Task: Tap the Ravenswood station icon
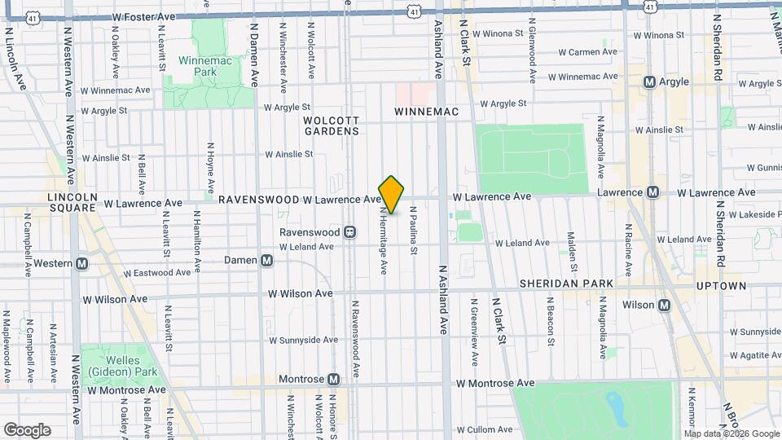(x=349, y=232)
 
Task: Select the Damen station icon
(x=267, y=261)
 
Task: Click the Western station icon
(x=81, y=263)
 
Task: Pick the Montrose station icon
(x=333, y=380)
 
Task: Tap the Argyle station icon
(x=649, y=81)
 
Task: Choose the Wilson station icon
(x=664, y=306)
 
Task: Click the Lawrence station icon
(x=652, y=192)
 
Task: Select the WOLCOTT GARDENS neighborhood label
(x=332, y=125)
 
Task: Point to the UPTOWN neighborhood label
(x=721, y=286)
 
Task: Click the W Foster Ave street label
(x=143, y=15)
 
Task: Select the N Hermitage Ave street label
(x=383, y=240)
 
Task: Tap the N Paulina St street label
(x=414, y=231)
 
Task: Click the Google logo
(x=27, y=430)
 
